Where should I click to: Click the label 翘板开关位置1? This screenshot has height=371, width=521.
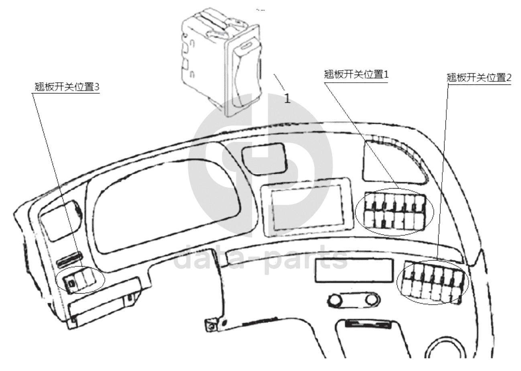356,75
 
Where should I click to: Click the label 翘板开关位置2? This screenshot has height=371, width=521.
479,77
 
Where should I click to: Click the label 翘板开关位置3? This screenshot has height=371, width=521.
67,87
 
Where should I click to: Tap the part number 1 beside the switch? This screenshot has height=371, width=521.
287,98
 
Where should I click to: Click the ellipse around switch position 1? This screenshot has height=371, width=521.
395,212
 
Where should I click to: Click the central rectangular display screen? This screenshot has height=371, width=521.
307,208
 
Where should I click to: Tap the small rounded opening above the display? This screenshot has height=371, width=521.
265,159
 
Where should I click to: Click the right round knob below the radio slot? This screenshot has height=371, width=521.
372,300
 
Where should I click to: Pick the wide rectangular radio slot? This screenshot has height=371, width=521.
354,271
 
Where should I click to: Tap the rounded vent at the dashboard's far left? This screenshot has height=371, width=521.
61,220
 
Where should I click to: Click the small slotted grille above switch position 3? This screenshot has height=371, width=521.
69,259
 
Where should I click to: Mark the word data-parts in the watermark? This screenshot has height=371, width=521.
260,260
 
